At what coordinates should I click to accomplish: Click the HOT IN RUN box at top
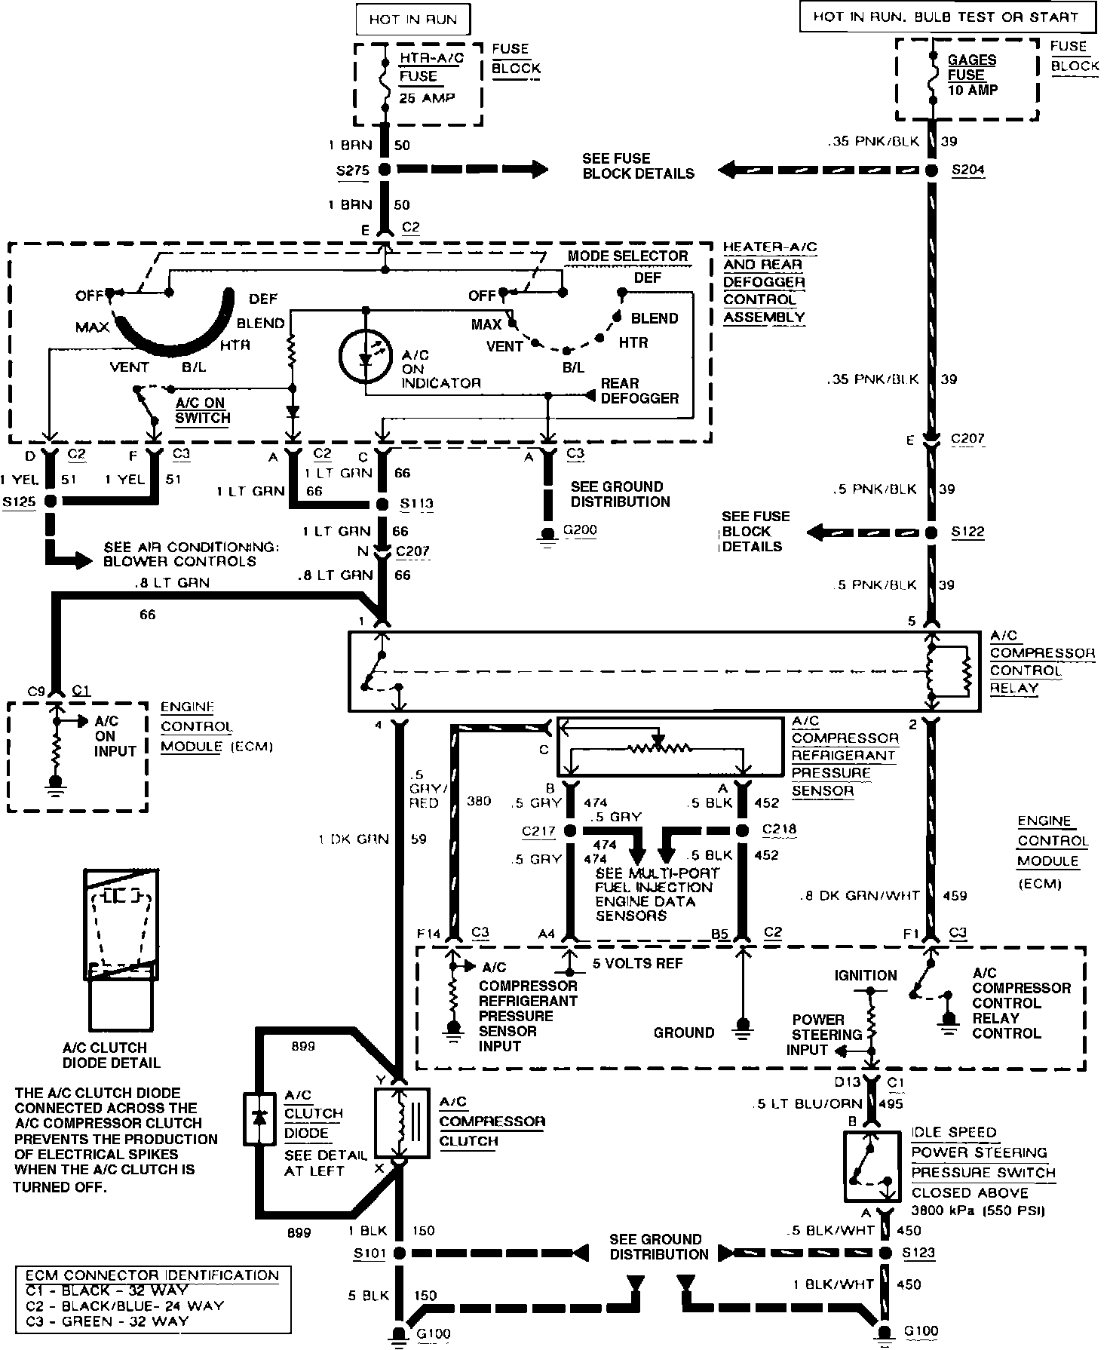click(x=412, y=20)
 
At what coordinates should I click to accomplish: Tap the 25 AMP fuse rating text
click(x=427, y=98)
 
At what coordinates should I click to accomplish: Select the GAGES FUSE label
click(x=972, y=67)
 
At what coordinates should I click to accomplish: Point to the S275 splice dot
click(x=385, y=170)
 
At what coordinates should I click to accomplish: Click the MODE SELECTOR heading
click(x=627, y=256)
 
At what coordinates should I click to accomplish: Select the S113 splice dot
click(x=385, y=504)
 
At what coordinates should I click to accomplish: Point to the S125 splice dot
click(x=51, y=501)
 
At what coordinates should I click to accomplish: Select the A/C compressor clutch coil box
click(x=402, y=1122)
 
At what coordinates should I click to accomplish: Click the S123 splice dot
click(x=887, y=1253)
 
